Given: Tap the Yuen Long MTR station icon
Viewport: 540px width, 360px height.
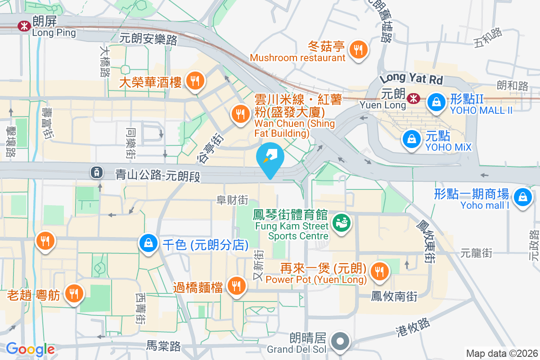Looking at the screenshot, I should [411, 98].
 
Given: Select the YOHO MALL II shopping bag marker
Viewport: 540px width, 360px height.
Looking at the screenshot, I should [436, 102].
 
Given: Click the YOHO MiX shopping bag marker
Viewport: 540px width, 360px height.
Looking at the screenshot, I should [412, 139].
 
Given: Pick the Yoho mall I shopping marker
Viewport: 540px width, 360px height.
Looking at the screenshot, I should [523, 197].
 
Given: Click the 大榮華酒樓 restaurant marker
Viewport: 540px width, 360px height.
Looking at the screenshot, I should [195, 81].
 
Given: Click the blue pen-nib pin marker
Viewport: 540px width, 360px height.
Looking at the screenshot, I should [270, 157].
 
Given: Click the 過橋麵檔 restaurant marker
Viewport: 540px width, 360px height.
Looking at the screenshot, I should [235, 285].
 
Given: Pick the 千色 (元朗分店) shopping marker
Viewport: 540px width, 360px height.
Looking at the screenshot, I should [148, 243].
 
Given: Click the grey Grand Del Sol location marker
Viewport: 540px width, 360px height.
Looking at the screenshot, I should [341, 341].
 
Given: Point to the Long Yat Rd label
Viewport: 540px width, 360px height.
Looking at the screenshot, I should [411, 79].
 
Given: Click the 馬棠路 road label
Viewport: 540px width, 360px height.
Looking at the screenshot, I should [163, 346].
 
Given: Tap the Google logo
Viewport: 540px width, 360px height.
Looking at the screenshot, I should [30, 349].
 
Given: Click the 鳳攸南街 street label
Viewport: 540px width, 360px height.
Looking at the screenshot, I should [394, 296].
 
